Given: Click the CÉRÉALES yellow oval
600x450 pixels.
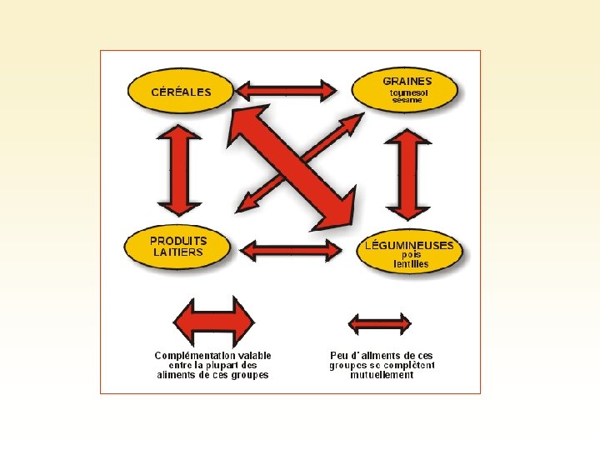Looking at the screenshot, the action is point(180,92).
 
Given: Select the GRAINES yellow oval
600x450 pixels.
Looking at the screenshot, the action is point(407,90).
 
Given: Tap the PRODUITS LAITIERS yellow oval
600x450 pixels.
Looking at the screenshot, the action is point(177,247).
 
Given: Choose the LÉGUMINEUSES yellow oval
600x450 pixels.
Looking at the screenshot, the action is point(410,253).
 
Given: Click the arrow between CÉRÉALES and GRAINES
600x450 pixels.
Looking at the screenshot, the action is point(287,89).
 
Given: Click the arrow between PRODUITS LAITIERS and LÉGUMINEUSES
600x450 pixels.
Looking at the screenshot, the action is point(290,249).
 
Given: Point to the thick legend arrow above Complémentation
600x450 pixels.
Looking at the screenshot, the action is point(212,322).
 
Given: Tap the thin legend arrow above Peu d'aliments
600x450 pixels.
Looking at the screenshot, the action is point(379,322).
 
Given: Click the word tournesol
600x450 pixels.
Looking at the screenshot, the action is point(408,92).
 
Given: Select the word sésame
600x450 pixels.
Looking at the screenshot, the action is point(407,100).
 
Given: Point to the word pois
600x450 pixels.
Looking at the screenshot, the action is point(411,254).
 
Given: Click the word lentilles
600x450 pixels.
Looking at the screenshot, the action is point(411,263).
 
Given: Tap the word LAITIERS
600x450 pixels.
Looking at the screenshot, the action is point(177,252).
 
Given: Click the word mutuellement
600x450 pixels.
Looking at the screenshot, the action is point(382,375).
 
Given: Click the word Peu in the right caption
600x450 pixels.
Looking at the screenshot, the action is point(339,355).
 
